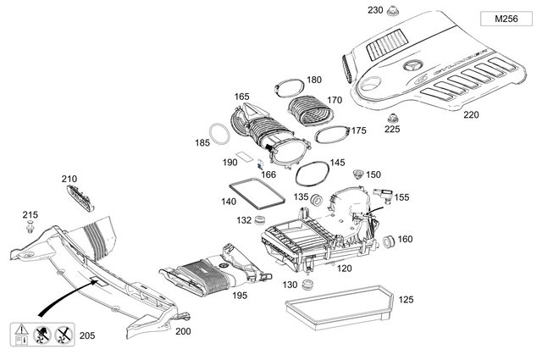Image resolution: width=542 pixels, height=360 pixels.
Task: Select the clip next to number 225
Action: [x=391, y=117]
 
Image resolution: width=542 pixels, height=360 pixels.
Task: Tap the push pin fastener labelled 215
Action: [x=30, y=228]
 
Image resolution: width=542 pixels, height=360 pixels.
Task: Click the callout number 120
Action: [x=345, y=269]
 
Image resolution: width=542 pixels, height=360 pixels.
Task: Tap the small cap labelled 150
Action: [x=357, y=173]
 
